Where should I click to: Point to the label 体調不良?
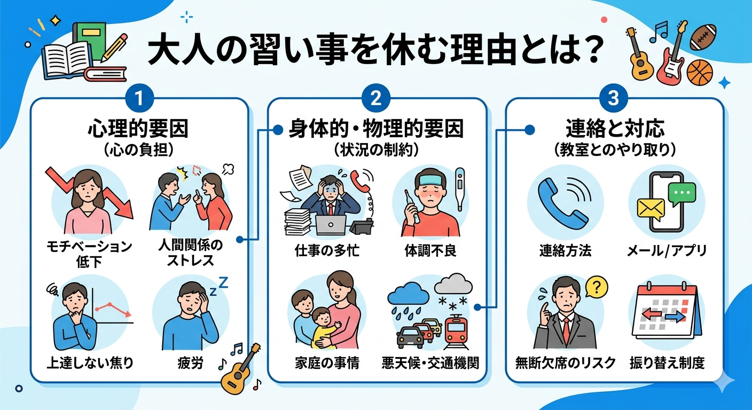tap(430, 250)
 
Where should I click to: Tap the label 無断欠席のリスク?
tap(565, 364)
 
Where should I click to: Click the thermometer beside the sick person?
tap(459, 189)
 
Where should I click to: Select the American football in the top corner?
tap(702, 37)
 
